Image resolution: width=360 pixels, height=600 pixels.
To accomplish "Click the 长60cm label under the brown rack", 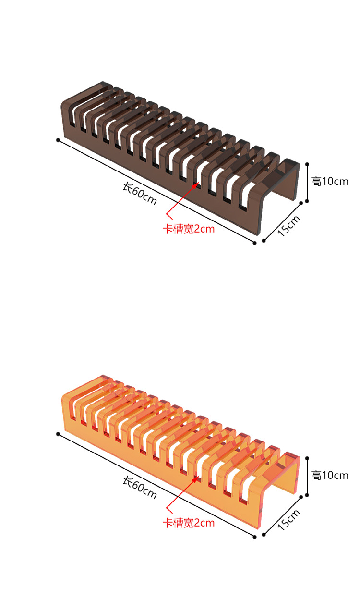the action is click(x=140, y=194).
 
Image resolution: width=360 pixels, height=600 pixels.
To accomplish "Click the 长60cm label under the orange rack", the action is click(x=140, y=488).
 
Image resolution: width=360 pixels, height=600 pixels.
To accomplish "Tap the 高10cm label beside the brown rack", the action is click(x=329, y=182).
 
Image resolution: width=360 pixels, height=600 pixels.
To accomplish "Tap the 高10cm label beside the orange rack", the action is click(x=329, y=476).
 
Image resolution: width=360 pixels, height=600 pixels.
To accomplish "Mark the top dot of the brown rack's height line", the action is click(x=307, y=164).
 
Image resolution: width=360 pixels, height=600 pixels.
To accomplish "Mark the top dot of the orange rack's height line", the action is click(x=307, y=458).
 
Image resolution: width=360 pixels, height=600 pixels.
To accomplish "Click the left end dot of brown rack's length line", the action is click(x=58, y=140).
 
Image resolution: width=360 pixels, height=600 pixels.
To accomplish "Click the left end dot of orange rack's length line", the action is click(x=58, y=434).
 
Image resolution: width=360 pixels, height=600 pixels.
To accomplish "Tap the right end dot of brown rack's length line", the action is click(x=255, y=243).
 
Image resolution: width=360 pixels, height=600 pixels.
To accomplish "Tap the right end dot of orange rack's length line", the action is click(x=255, y=537).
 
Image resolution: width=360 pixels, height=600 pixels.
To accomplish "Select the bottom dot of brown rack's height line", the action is click(x=307, y=201).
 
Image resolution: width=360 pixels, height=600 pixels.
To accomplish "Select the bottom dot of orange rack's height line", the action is click(x=307, y=495).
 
